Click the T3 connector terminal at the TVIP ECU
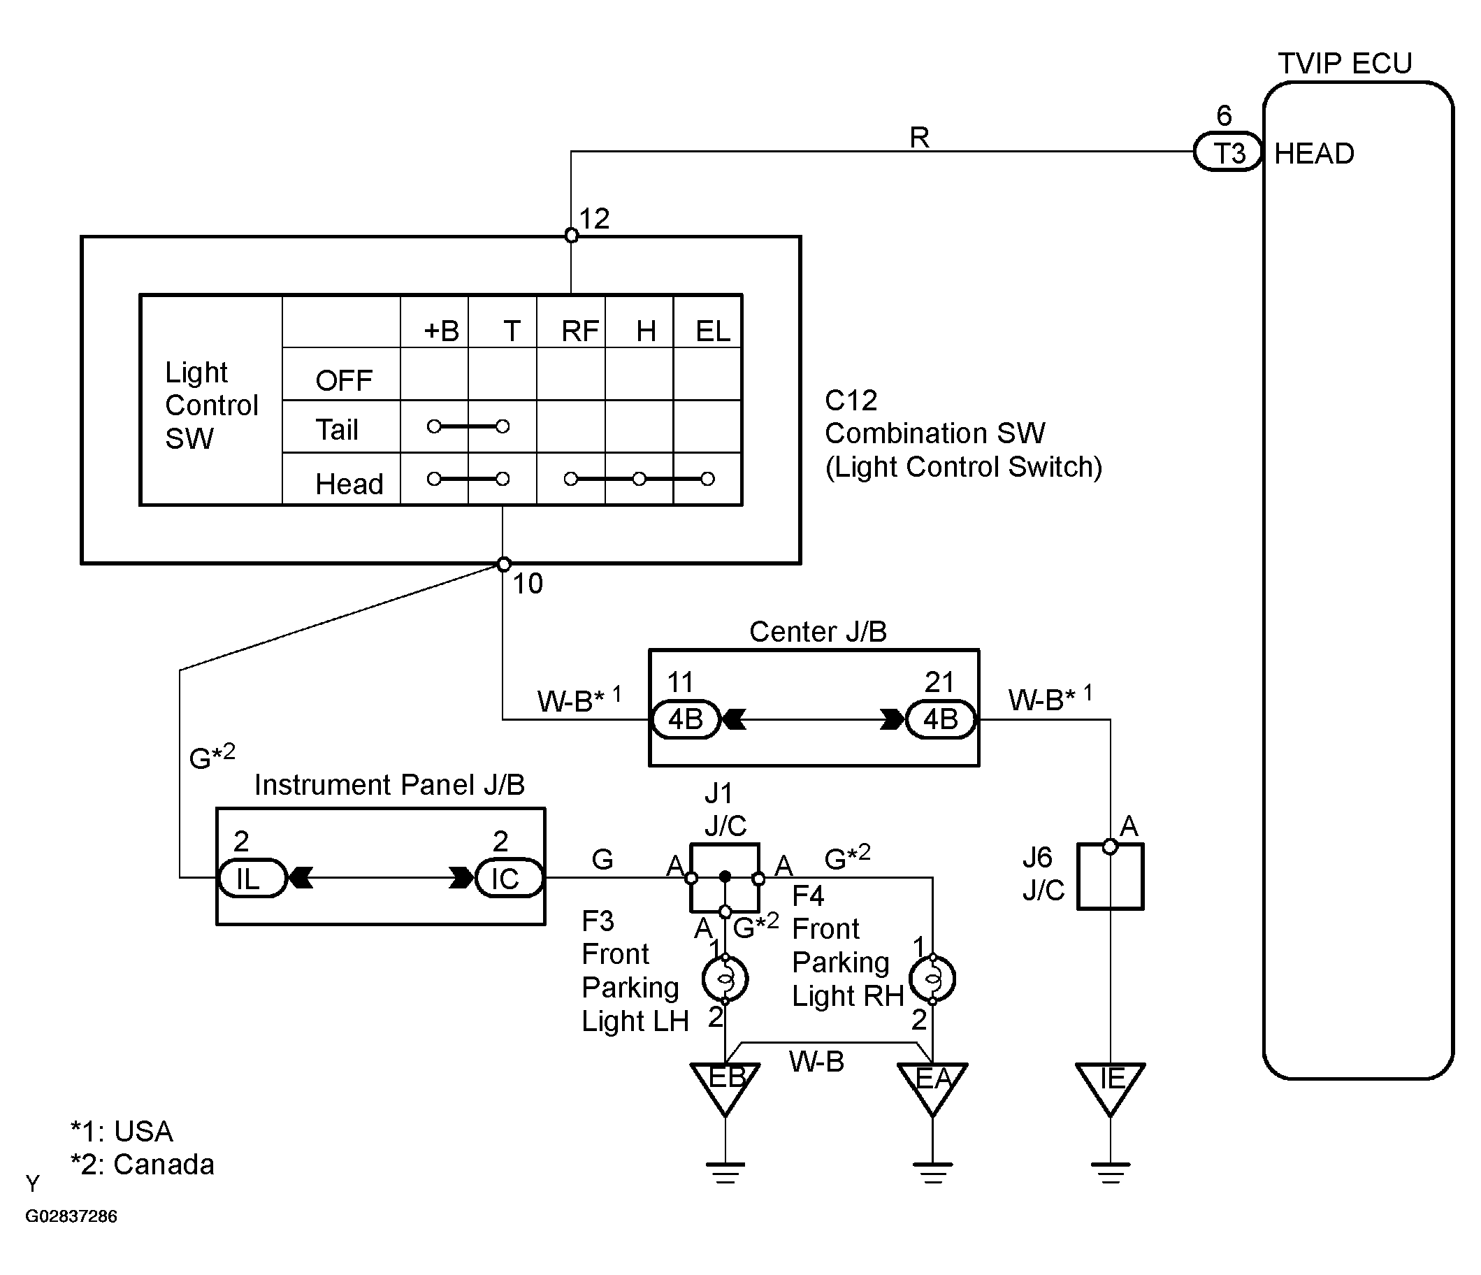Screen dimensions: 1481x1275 coord(1227,152)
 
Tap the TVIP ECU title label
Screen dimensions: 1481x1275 coord(1345,64)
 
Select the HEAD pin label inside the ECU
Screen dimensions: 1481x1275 coord(1314,154)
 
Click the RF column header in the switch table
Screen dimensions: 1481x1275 coord(579,331)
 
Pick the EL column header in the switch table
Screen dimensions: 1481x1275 coord(713,331)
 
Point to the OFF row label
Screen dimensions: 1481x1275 coord(344,380)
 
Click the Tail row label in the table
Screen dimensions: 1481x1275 coord(337,429)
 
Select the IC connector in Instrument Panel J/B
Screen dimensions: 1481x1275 coord(507,879)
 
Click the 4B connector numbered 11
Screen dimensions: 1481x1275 coord(686,719)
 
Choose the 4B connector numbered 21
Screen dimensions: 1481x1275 coord(941,719)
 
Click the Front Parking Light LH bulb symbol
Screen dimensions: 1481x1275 coord(725,979)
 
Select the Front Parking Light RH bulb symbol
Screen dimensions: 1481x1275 coord(933,979)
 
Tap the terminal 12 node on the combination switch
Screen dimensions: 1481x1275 coord(571,235)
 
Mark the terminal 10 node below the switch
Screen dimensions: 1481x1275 coord(504,565)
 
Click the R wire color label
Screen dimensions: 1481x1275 coord(919,137)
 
